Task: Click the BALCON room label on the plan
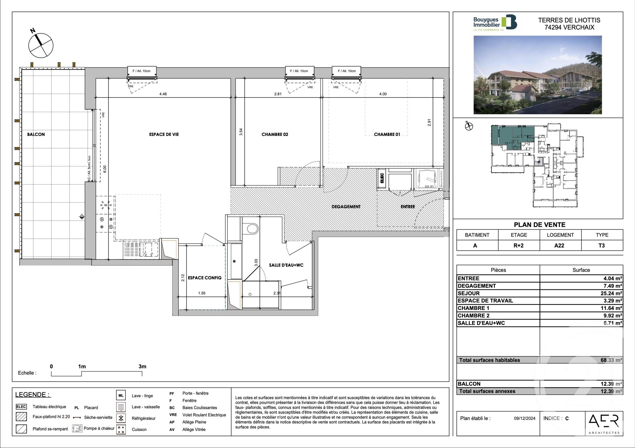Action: click(36, 134)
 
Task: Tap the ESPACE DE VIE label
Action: click(164, 134)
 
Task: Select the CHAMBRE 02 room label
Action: click(275, 134)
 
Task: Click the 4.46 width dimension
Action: click(163, 94)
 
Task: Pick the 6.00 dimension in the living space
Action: click(105, 169)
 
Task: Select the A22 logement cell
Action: click(560, 246)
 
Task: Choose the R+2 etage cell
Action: click(518, 246)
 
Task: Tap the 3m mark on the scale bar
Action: click(142, 367)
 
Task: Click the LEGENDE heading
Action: click(33, 395)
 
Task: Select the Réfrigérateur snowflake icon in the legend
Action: click(121, 418)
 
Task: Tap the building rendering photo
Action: click(537, 75)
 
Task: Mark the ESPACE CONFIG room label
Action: click(204, 278)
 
